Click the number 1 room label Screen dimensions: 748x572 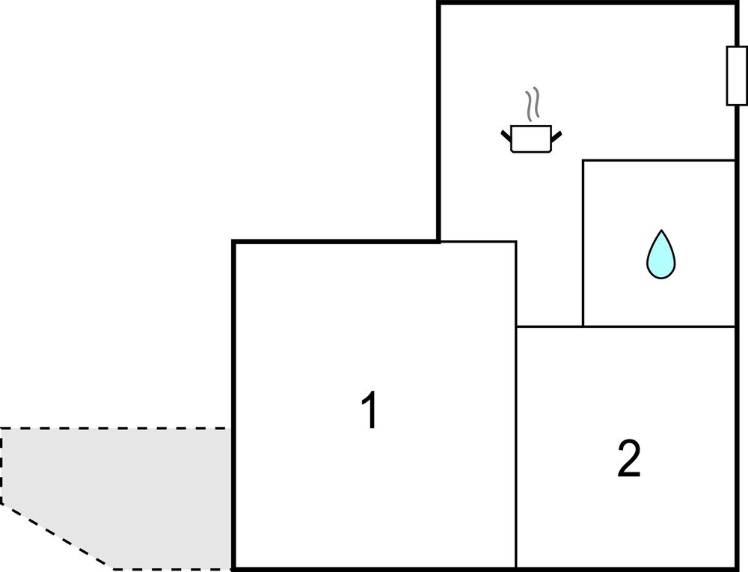pyautogui.click(x=370, y=410)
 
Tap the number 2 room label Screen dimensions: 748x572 pyautogui.click(x=629, y=458)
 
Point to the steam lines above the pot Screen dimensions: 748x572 pyautogui.click(x=533, y=103)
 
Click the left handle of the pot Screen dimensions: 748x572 pyautogui.click(x=506, y=135)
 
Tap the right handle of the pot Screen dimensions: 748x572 pyautogui.click(x=557, y=136)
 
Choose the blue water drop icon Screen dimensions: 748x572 pyautogui.click(x=660, y=255)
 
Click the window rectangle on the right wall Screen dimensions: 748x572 pyautogui.click(x=736, y=76)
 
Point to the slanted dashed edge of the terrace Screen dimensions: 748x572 pyautogui.click(x=58, y=536)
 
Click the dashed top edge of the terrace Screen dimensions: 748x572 pyautogui.click(x=116, y=428)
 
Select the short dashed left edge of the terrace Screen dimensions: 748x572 pyautogui.click(x=1, y=466)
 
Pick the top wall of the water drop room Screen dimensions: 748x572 pyautogui.click(x=659, y=160)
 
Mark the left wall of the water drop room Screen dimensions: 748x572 pyautogui.click(x=583, y=243)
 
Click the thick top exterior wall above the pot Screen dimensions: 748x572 pyautogui.click(x=586, y=4)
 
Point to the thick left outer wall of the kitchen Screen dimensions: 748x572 pyautogui.click(x=439, y=122)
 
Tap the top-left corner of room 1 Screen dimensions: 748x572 pyautogui.click(x=233, y=242)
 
